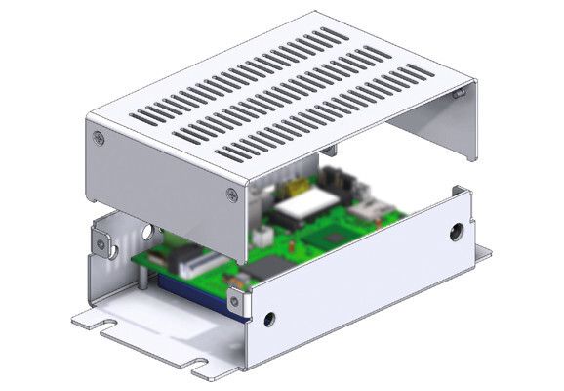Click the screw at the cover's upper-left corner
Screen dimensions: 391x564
pyautogui.click(x=98, y=138)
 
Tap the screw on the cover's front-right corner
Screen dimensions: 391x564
pyautogui.click(x=231, y=194)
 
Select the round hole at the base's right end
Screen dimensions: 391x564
pyautogui.click(x=456, y=233)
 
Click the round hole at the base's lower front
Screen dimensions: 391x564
pyautogui.click(x=269, y=318)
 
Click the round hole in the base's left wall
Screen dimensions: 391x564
pyautogui.click(x=147, y=233)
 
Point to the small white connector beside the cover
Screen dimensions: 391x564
pyautogui.click(x=262, y=236)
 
